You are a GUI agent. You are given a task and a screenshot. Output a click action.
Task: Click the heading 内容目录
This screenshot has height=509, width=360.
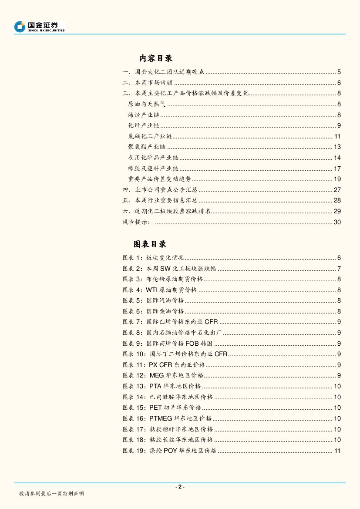pyautogui.click(x=156, y=58)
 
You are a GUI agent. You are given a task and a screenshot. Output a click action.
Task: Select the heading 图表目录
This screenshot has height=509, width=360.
pyautogui.click(x=150, y=244)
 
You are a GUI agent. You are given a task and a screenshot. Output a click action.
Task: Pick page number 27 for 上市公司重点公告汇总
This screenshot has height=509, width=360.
pyautogui.click(x=337, y=190)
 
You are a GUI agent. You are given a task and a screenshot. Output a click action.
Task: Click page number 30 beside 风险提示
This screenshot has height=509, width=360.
pyautogui.click(x=337, y=222)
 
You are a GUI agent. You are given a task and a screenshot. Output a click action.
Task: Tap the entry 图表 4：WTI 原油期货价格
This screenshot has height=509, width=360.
pyautogui.click(x=160, y=290)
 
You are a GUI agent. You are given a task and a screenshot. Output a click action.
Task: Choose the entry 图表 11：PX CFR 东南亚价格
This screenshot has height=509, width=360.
pyautogui.click(x=164, y=365)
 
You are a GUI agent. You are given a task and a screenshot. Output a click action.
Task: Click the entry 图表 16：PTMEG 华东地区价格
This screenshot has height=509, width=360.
pyautogui.click(x=167, y=418)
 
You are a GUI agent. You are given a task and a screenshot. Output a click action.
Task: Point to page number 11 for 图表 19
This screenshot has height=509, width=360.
pyautogui.click(x=337, y=451)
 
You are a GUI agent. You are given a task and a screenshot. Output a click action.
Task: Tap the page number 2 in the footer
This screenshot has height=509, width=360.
pyautogui.click(x=180, y=487)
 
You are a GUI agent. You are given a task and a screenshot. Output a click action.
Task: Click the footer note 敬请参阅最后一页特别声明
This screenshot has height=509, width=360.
pyautogui.click(x=51, y=493)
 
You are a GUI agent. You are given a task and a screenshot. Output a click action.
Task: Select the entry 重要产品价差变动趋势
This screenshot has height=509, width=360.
pyautogui.click(x=160, y=179)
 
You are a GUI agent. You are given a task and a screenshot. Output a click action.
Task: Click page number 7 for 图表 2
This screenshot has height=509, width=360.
pyautogui.click(x=339, y=269)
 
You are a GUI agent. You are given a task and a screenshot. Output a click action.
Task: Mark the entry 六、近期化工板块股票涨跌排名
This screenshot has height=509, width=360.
pyautogui.click(x=166, y=211)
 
